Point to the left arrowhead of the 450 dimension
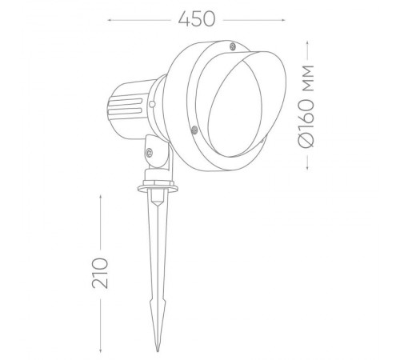tap(109, 17)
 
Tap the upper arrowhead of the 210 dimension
tap(100, 192)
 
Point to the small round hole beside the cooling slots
tap(147, 104)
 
